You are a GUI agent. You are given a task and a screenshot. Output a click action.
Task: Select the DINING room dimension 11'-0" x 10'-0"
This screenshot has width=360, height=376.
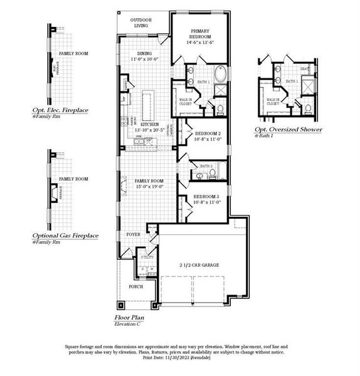pos(145,59)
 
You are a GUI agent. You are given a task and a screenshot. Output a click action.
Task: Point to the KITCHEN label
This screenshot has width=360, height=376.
pos(149,125)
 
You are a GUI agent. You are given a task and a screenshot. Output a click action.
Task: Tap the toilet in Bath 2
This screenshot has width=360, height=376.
pos(213,172)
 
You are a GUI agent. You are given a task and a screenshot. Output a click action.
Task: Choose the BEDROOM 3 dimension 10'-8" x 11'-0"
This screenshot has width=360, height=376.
pos(208,202)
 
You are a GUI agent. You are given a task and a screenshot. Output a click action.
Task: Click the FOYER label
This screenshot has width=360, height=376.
pos(134,234)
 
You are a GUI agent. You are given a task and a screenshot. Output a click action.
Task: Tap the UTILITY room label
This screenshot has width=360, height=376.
pos(147,257)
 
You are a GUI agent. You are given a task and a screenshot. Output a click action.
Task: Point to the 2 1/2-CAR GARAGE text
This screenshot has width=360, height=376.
pos(197,265)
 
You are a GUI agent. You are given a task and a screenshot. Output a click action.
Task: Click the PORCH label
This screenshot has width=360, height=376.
pos(136,286)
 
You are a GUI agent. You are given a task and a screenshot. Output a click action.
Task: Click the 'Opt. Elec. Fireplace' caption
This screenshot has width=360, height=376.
pos(60,110)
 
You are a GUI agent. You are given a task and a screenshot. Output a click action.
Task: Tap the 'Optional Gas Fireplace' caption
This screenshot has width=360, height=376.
pos(65,235)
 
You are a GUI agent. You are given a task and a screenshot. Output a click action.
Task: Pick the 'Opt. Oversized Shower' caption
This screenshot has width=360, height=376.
pos(288,130)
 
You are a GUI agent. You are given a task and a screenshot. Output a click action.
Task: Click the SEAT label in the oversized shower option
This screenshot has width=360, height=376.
pos(305,69)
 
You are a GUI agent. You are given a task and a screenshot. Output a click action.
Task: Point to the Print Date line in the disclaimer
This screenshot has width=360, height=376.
pos(177,357)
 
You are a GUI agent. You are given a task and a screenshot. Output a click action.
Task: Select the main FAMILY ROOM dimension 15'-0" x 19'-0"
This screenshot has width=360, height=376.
pos(149,187)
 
